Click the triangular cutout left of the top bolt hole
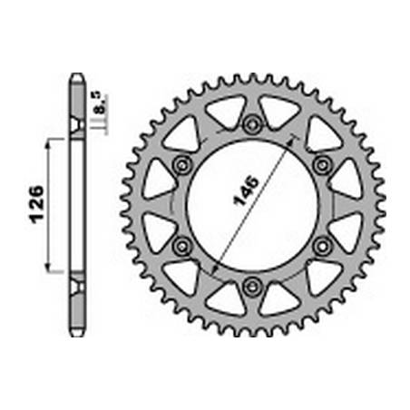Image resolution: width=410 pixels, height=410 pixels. coord(222,114)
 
